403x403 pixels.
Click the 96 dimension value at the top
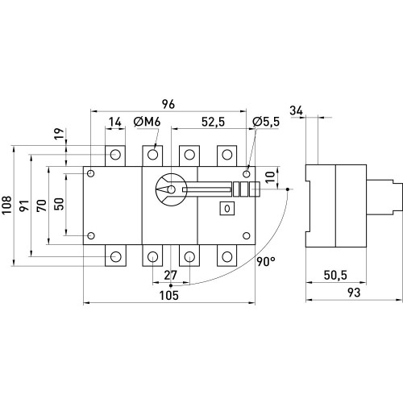(x=168, y=104)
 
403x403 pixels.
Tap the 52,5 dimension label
(x=213, y=122)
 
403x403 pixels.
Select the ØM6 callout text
(x=147, y=122)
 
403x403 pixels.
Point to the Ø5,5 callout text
(x=266, y=122)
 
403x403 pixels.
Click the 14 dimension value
(x=115, y=122)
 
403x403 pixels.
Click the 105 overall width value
(x=169, y=296)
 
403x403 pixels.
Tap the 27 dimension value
(x=171, y=276)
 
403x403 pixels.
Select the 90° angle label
(x=266, y=262)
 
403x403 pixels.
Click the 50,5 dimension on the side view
(x=335, y=276)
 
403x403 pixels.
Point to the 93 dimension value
(x=354, y=293)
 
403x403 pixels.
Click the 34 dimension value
(x=297, y=110)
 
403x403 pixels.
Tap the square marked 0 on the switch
(x=227, y=209)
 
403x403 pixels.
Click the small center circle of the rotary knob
(x=171, y=189)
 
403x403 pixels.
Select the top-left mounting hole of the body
(x=91, y=173)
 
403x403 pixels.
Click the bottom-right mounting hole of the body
(x=247, y=235)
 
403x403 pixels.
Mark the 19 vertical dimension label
(x=60, y=134)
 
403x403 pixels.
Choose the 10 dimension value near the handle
(x=270, y=177)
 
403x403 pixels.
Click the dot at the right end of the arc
(x=288, y=189)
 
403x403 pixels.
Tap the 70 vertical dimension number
(x=42, y=206)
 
